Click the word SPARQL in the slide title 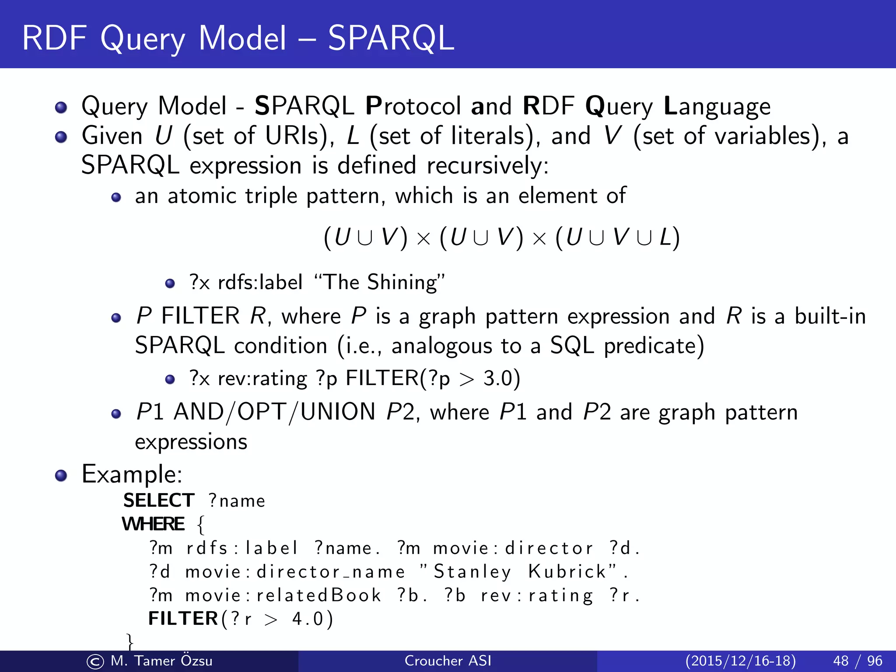coord(391,38)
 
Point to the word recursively coord(487,166)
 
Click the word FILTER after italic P coord(200,316)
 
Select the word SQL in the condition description coord(572,346)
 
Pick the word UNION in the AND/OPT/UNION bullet coord(338,412)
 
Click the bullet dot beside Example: coord(61,476)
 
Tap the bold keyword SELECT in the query coord(159,500)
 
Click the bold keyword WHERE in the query coord(154,524)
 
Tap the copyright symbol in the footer coord(95,661)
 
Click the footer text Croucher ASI coord(448,661)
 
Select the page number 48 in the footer coord(841,661)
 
